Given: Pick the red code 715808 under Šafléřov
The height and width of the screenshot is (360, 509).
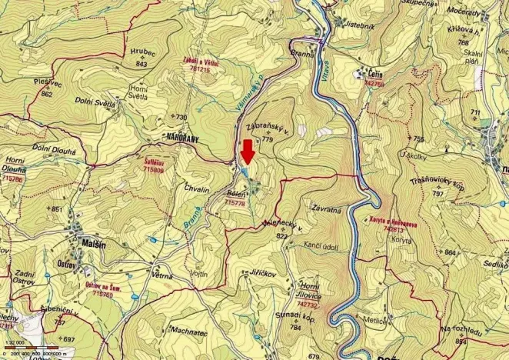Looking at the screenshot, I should [x=153, y=168].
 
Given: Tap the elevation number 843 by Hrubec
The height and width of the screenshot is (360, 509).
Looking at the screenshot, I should [x=141, y=64].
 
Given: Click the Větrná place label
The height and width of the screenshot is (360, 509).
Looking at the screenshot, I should [x=162, y=275].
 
